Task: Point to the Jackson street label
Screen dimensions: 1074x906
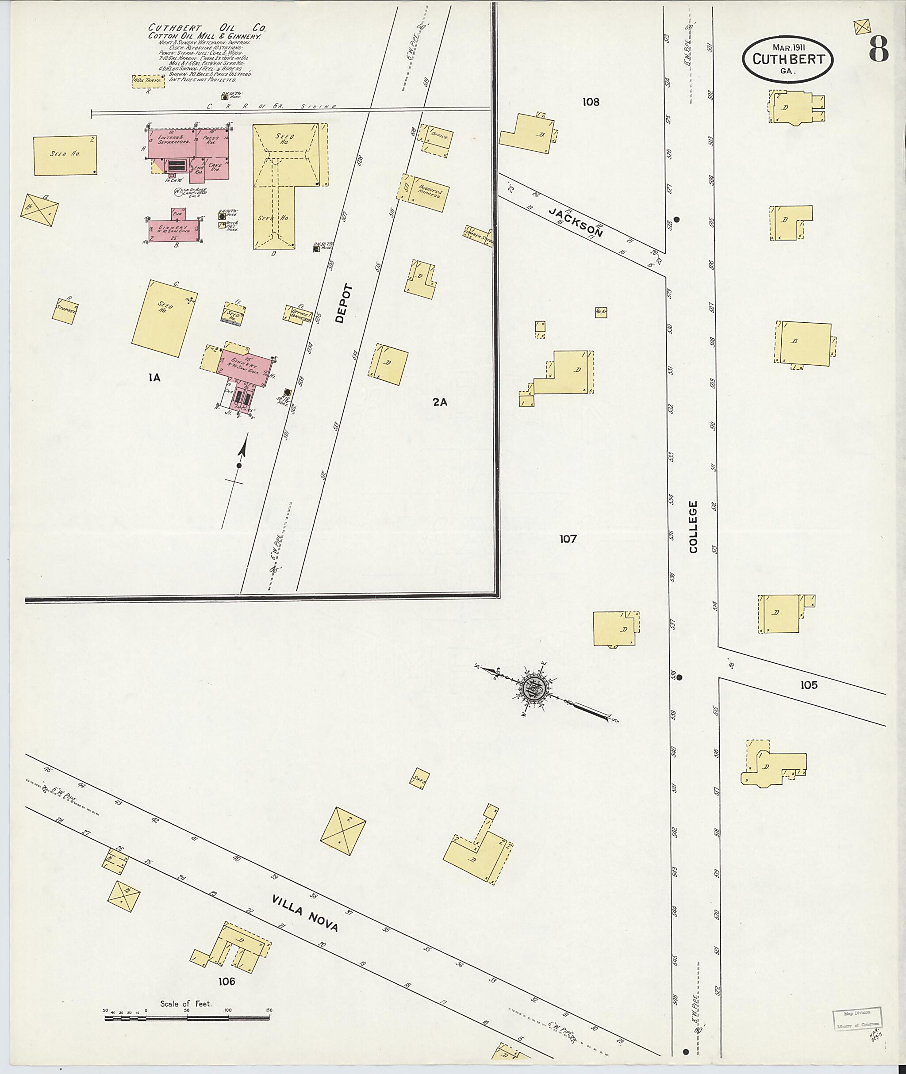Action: click(x=581, y=222)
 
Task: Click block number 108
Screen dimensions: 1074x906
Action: click(x=591, y=102)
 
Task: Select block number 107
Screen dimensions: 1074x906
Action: click(x=568, y=539)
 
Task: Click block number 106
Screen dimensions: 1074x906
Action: click(x=226, y=982)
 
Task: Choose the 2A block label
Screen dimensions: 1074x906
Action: click(x=440, y=402)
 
